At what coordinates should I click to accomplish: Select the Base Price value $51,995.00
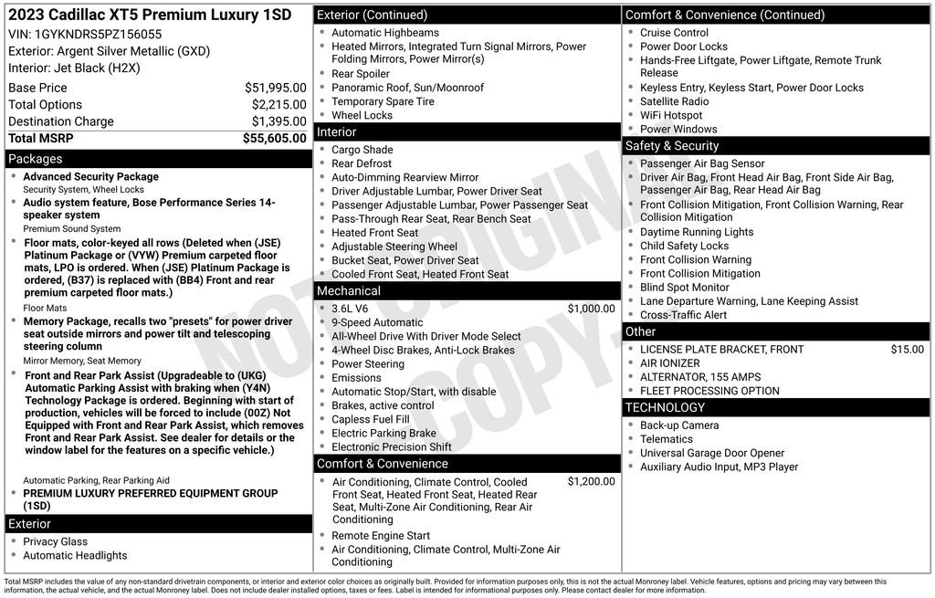[275, 88]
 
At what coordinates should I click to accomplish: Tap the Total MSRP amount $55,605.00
[274, 139]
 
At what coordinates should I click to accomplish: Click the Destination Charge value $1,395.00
[278, 121]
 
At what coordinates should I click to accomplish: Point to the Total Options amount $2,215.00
[278, 105]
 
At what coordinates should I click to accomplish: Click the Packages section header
[36, 159]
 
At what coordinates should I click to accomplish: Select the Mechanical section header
[349, 291]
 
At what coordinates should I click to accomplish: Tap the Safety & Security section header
[672, 146]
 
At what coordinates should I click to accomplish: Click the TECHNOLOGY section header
[665, 407]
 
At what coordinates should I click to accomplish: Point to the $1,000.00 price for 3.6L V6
[591, 309]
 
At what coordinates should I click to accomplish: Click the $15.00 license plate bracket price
[907, 350]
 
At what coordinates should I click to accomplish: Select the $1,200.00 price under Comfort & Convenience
[591, 481]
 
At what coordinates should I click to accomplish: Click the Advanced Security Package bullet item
[90, 177]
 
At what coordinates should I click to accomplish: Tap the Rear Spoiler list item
[361, 74]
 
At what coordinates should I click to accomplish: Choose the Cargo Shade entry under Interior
[362, 150]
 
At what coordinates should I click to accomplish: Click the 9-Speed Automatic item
[377, 322]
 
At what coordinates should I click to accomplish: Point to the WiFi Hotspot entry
[671, 116]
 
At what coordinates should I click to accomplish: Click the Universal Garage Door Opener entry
[712, 453]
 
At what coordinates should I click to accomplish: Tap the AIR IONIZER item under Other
[670, 363]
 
